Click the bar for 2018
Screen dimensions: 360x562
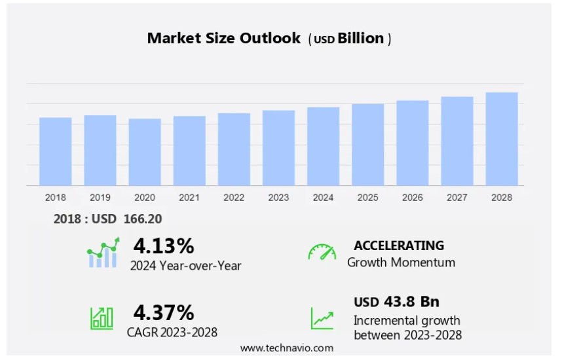55,151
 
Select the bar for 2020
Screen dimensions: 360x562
145,152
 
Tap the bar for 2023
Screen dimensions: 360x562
278,148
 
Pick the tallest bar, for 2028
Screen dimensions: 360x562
502,139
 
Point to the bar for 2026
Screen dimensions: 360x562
413,143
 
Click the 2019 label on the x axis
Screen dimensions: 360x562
100,197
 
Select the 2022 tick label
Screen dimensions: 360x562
234,197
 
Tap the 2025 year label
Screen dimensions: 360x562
367,197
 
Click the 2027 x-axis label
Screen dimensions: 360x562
457,197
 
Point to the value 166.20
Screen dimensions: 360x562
143,219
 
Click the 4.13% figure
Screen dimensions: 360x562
164,246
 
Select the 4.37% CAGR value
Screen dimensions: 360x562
164,312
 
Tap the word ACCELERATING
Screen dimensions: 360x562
399,245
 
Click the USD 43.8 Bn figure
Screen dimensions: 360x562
396,302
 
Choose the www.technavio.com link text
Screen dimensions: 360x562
286,348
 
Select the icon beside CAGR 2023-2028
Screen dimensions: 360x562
102,318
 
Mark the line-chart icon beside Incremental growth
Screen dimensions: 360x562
322,318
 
